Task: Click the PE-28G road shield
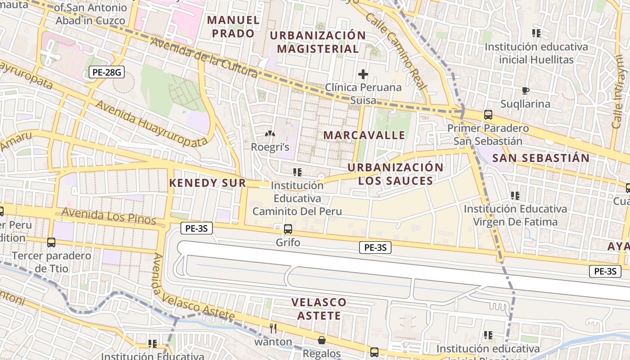[x=106, y=72]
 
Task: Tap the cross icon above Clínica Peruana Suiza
[x=363, y=74]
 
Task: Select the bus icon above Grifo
[x=288, y=229]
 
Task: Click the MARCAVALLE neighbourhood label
[x=364, y=135]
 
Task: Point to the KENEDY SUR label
[x=207, y=183]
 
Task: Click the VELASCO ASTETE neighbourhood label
[x=319, y=309]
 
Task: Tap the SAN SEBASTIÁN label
[x=540, y=158]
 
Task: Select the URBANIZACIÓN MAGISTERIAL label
[x=318, y=42]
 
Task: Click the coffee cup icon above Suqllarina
[x=525, y=91]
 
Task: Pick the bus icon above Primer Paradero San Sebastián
[x=488, y=115]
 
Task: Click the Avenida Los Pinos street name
[x=109, y=216]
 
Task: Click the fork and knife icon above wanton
[x=273, y=328]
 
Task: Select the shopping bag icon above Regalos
[x=321, y=340]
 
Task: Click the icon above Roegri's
[x=270, y=134]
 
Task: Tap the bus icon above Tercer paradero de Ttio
[x=51, y=243]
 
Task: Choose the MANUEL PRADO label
[x=233, y=27]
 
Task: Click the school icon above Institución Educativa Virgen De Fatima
[x=515, y=195]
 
